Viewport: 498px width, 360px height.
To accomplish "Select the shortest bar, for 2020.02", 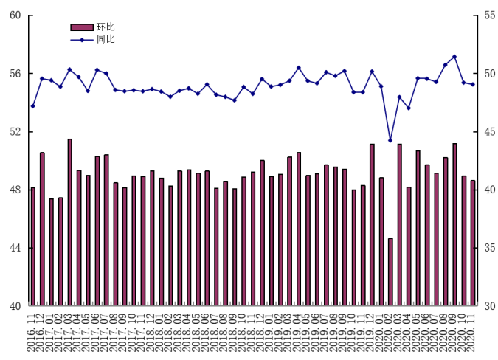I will [390, 271].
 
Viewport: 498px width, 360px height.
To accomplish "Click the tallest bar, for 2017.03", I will [70, 222].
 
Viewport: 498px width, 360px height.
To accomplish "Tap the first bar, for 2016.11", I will [33, 246].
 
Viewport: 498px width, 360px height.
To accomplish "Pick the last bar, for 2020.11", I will [473, 243].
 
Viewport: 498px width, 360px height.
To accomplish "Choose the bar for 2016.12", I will [42, 229].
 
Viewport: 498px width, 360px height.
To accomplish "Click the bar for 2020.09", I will [454, 224].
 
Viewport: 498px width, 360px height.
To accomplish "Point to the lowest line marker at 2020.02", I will [390, 140].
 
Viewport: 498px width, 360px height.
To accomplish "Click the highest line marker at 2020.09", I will [454, 56].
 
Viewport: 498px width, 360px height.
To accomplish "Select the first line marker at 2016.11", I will [33, 106].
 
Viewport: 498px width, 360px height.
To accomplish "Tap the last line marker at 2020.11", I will [473, 84].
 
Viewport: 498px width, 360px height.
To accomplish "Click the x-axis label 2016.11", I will [31, 331].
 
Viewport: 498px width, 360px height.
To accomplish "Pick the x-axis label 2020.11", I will [471, 331].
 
